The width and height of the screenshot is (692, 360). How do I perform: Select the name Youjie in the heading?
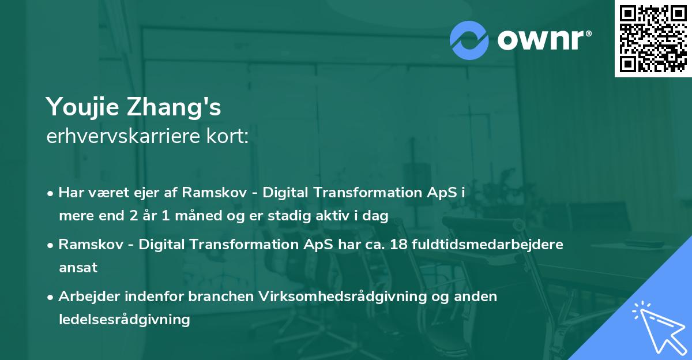tap(83, 107)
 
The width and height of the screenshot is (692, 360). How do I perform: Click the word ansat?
tap(78, 267)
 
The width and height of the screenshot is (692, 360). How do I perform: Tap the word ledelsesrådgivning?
tap(124, 319)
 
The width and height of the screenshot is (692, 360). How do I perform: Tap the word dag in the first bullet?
tap(377, 216)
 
